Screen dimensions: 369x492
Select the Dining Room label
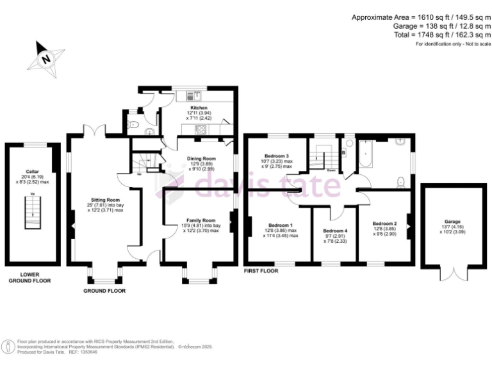[x=201, y=158]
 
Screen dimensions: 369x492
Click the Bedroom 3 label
[x=278, y=156]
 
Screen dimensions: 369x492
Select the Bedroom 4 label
[x=335, y=231]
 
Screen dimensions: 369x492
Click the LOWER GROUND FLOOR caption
[x=29, y=277]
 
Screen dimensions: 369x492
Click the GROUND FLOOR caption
[x=104, y=291]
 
